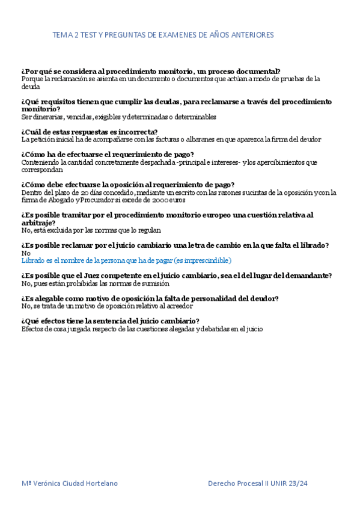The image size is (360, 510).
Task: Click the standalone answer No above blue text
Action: click(x=25, y=253)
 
